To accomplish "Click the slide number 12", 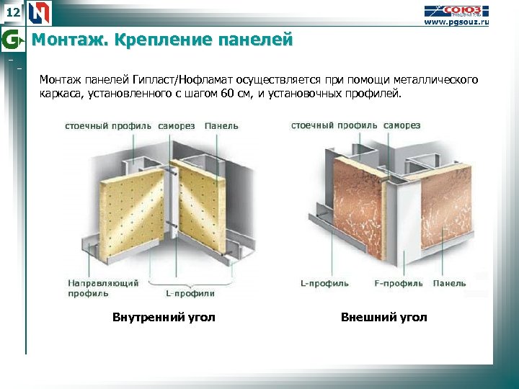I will (x=12, y=12).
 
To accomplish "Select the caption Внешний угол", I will (x=383, y=318).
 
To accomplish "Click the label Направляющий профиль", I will (x=102, y=288).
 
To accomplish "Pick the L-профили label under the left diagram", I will (x=190, y=293).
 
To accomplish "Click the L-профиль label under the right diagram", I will (x=324, y=284).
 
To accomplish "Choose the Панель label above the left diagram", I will (x=221, y=125).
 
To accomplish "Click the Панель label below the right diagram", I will (x=449, y=284).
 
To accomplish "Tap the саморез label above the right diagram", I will (x=402, y=125).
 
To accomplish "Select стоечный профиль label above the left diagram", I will (x=108, y=125).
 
